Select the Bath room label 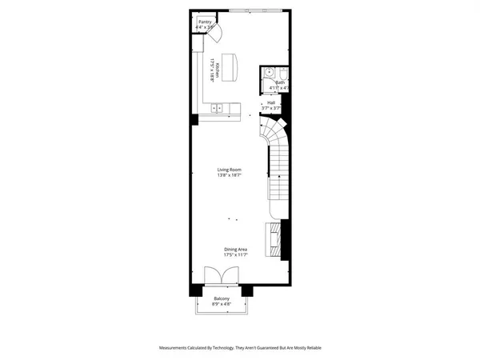coord(280,82)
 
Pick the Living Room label coord(230,170)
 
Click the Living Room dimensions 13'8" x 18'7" coord(230,175)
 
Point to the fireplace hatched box coord(274,238)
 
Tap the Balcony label coord(222,298)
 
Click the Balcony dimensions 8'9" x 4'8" coord(222,304)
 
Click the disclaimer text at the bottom coord(240,348)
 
